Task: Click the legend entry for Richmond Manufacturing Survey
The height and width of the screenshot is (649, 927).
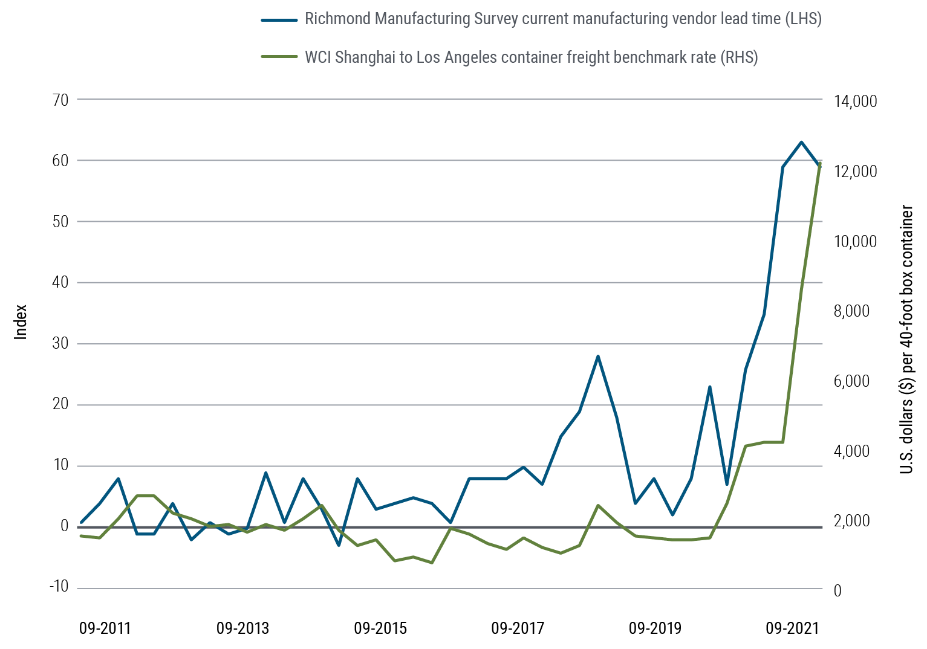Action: [562, 19]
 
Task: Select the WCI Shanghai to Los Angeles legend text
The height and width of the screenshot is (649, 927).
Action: [531, 57]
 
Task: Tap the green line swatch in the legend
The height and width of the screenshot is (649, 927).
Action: [279, 57]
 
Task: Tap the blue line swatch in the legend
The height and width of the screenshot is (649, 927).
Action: [279, 19]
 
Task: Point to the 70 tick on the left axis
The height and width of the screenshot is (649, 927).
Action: [61, 100]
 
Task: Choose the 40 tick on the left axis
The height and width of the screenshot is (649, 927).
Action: [61, 282]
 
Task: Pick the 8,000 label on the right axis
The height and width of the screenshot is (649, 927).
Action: [851, 311]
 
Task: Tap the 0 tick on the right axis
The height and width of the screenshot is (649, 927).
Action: [838, 590]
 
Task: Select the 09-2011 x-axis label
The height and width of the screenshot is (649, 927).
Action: [105, 628]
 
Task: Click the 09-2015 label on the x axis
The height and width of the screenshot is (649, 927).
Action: [380, 628]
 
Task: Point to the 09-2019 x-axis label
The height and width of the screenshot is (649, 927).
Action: [655, 628]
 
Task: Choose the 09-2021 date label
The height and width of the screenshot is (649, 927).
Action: [792, 628]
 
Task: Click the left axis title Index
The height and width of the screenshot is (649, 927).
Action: [21, 321]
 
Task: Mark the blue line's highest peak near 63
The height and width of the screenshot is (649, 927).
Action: [801, 143]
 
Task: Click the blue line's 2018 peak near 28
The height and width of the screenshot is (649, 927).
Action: [597, 357]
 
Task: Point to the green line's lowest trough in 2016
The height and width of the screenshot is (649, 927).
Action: [432, 563]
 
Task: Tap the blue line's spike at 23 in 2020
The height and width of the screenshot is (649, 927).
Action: [710, 387]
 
